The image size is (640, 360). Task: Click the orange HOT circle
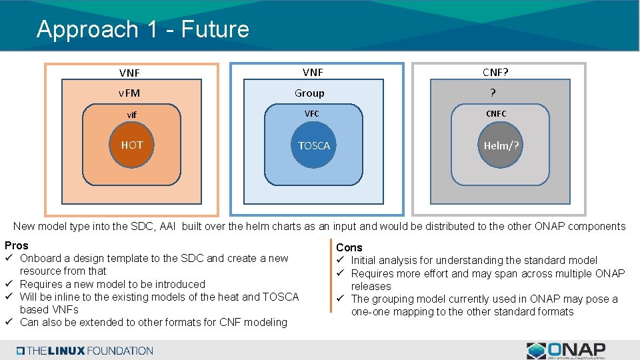[x=131, y=145]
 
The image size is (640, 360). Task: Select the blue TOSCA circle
[x=314, y=145]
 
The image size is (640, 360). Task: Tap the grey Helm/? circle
[x=501, y=145]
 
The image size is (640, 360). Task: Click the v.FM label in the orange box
[x=129, y=93]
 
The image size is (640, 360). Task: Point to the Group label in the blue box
[x=309, y=93]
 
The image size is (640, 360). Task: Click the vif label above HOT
[x=132, y=115]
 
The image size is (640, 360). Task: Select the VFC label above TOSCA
[x=311, y=114]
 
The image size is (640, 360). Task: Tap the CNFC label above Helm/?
[x=496, y=114]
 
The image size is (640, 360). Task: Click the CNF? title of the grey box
[x=499, y=72]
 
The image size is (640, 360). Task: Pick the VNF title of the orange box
[x=129, y=73]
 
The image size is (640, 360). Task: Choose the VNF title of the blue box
[x=313, y=72]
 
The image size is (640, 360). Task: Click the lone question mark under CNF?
[x=493, y=93]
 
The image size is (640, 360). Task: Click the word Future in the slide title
[x=215, y=29]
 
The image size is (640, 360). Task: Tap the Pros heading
[x=17, y=245]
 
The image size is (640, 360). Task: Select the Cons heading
[x=349, y=247]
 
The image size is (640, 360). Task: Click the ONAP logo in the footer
[x=566, y=350]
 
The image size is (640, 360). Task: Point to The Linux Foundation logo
[x=85, y=351]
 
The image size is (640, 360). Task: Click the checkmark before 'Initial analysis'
[x=339, y=260]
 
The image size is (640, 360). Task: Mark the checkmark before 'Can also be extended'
[x=9, y=323]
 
